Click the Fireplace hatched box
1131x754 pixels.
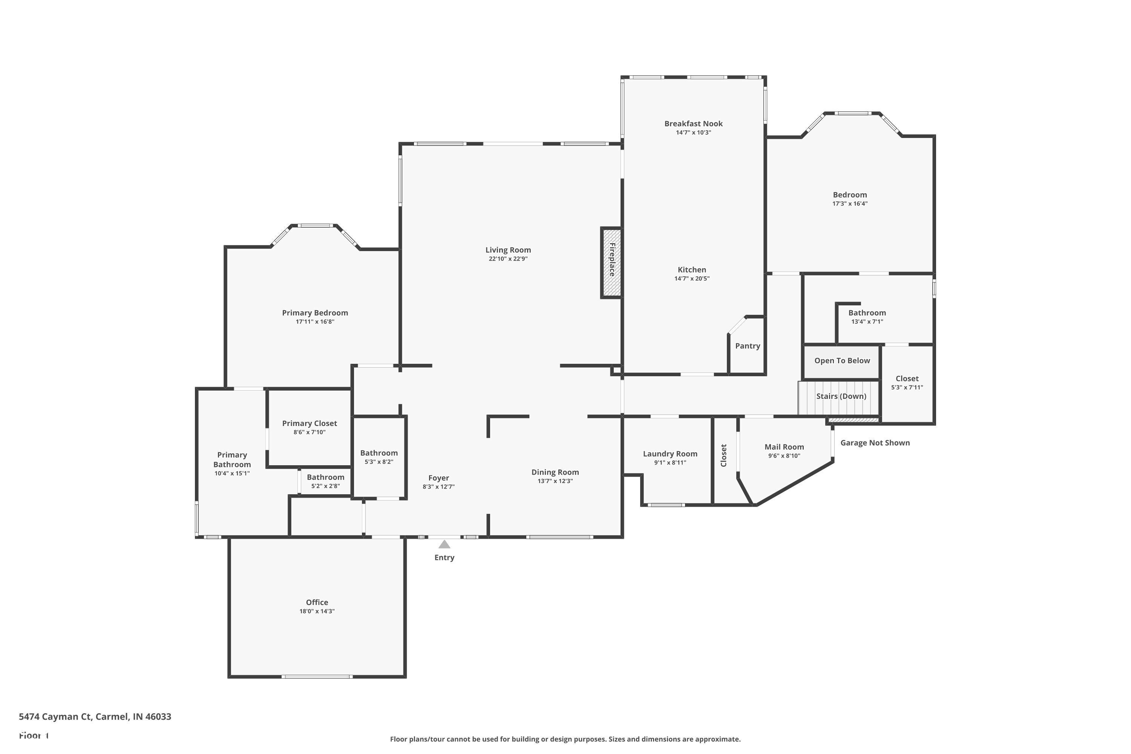click(x=611, y=262)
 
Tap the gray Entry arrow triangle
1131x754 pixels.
click(x=444, y=544)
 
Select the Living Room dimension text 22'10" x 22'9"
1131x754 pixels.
click(x=508, y=259)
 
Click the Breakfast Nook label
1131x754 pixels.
click(x=693, y=124)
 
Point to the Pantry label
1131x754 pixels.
click(x=747, y=346)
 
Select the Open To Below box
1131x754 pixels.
click(x=841, y=361)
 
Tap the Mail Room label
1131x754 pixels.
click(x=784, y=447)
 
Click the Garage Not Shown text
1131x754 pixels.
click(x=875, y=443)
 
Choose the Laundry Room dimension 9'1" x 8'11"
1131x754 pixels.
click(x=670, y=463)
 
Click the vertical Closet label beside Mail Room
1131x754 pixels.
click(x=723, y=455)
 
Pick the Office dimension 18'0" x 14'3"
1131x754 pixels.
click(x=317, y=611)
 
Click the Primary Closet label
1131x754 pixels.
click(x=309, y=423)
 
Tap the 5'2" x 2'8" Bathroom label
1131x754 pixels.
click(x=326, y=477)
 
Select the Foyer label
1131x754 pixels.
click(x=438, y=478)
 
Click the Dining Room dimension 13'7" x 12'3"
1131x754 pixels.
click(x=555, y=481)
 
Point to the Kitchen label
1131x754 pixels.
click(x=691, y=270)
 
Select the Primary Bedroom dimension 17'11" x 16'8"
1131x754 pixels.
click(x=314, y=322)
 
